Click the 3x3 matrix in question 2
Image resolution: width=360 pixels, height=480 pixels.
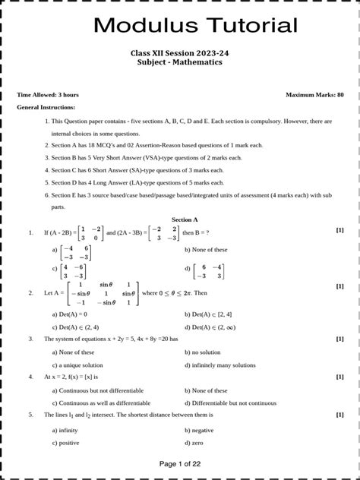[x=103, y=293]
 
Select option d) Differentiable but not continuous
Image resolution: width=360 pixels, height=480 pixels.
[x=236, y=403]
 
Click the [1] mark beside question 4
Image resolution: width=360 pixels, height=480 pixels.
[x=339, y=377]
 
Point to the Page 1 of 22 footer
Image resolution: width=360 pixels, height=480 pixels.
[x=179, y=463]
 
